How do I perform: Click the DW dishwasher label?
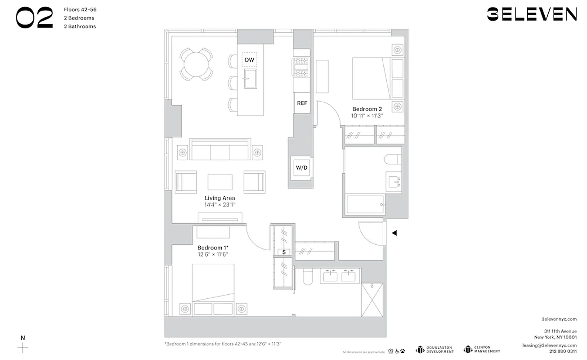[249, 59]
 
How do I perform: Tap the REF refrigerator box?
[302, 103]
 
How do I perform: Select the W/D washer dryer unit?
[301, 168]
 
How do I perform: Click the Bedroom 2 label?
[367, 109]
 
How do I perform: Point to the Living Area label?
[220, 198]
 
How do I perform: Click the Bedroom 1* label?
[213, 247]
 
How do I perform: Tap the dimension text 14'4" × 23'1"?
[220, 205]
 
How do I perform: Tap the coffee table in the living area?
[220, 182]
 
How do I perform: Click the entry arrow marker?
[394, 233]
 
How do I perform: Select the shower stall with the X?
[372, 300]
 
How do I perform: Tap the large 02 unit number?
[35, 19]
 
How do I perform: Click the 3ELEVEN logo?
[532, 14]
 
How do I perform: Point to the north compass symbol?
[23, 347]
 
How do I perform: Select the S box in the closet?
[284, 252]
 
